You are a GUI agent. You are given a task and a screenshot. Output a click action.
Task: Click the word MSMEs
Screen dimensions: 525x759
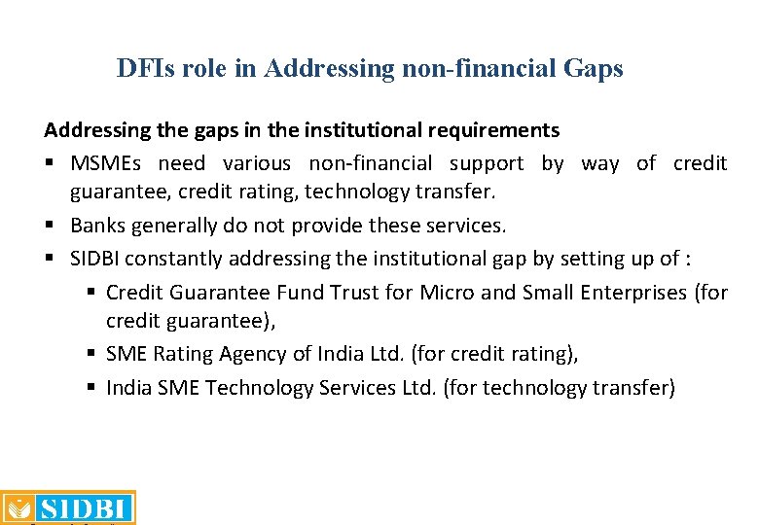pos(108,163)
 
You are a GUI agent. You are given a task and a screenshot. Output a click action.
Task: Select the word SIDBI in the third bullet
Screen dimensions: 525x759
pos(96,259)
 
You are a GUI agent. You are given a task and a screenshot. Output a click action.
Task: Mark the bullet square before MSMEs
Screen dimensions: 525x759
pos(50,163)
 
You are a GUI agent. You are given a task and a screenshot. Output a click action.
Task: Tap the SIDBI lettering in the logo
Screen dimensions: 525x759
pos(84,508)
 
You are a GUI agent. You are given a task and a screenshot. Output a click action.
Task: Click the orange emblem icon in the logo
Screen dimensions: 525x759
pos(17,508)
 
